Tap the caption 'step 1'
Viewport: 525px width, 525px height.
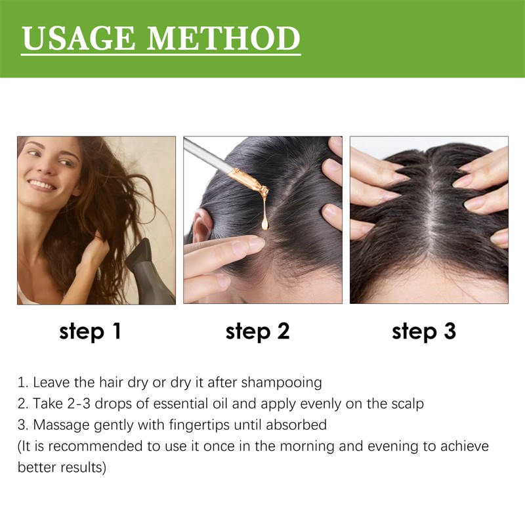90,331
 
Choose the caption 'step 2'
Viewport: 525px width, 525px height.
257,331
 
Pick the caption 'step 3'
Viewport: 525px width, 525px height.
424,331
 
